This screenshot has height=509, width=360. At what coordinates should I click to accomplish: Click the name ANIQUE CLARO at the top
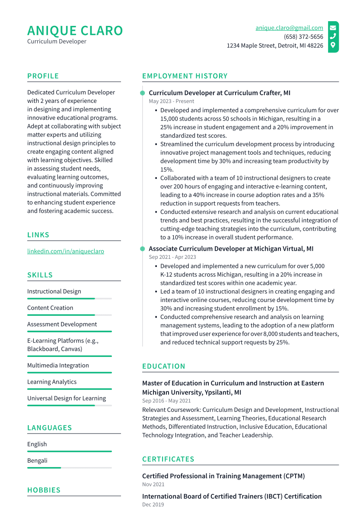(75, 31)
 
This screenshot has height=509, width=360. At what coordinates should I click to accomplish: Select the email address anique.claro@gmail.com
(289, 28)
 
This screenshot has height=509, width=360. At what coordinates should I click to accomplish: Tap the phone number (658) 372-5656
(303, 37)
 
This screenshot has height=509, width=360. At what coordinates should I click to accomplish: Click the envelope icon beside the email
(333, 28)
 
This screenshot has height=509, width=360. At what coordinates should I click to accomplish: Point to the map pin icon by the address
(333, 45)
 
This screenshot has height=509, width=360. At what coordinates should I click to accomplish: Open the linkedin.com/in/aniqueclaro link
(66, 251)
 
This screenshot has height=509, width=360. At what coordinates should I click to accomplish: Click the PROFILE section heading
(43, 76)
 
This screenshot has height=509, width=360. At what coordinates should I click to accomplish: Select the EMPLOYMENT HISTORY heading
(185, 76)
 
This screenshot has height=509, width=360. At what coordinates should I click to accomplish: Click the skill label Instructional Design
(54, 291)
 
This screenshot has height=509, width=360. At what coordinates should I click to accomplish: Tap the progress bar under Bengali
(69, 468)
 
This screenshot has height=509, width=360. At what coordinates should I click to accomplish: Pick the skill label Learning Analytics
(52, 382)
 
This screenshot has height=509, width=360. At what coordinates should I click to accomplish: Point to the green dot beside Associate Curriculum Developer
(142, 249)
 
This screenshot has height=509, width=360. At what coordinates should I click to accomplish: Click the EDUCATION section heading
(164, 366)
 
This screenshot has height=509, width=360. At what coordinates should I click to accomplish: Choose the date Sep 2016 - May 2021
(166, 401)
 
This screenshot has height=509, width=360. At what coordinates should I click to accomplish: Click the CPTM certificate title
(223, 476)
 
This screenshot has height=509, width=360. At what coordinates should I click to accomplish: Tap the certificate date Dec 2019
(153, 505)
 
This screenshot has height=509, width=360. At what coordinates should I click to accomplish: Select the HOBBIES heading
(44, 490)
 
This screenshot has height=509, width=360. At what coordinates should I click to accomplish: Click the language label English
(37, 444)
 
